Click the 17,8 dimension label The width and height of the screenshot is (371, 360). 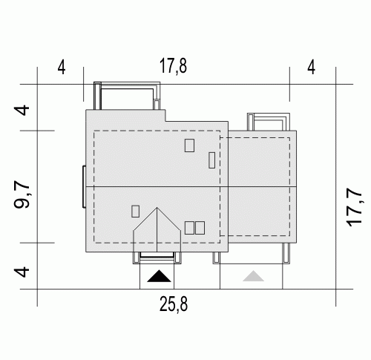(x=173, y=66)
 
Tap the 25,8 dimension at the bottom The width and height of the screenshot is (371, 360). (x=174, y=304)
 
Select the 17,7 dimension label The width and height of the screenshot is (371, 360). (x=355, y=208)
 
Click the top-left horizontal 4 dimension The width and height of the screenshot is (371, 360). (x=62, y=68)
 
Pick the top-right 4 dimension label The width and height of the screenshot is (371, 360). (x=312, y=68)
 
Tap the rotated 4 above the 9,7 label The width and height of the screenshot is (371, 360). (x=22, y=111)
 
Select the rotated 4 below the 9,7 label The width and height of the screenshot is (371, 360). (x=22, y=272)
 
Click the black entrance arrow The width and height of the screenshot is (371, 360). (x=159, y=276)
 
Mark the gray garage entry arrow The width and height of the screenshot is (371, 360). (x=253, y=276)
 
